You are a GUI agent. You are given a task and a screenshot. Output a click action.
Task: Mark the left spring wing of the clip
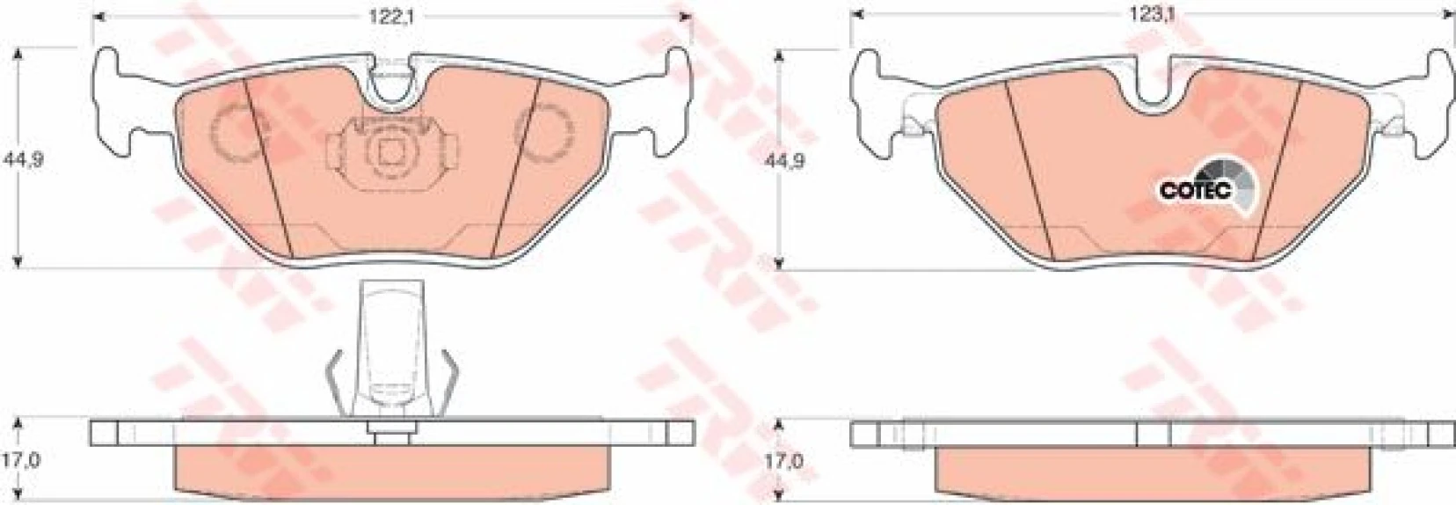(332, 378)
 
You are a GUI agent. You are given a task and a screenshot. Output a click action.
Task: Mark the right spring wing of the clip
(449, 378)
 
